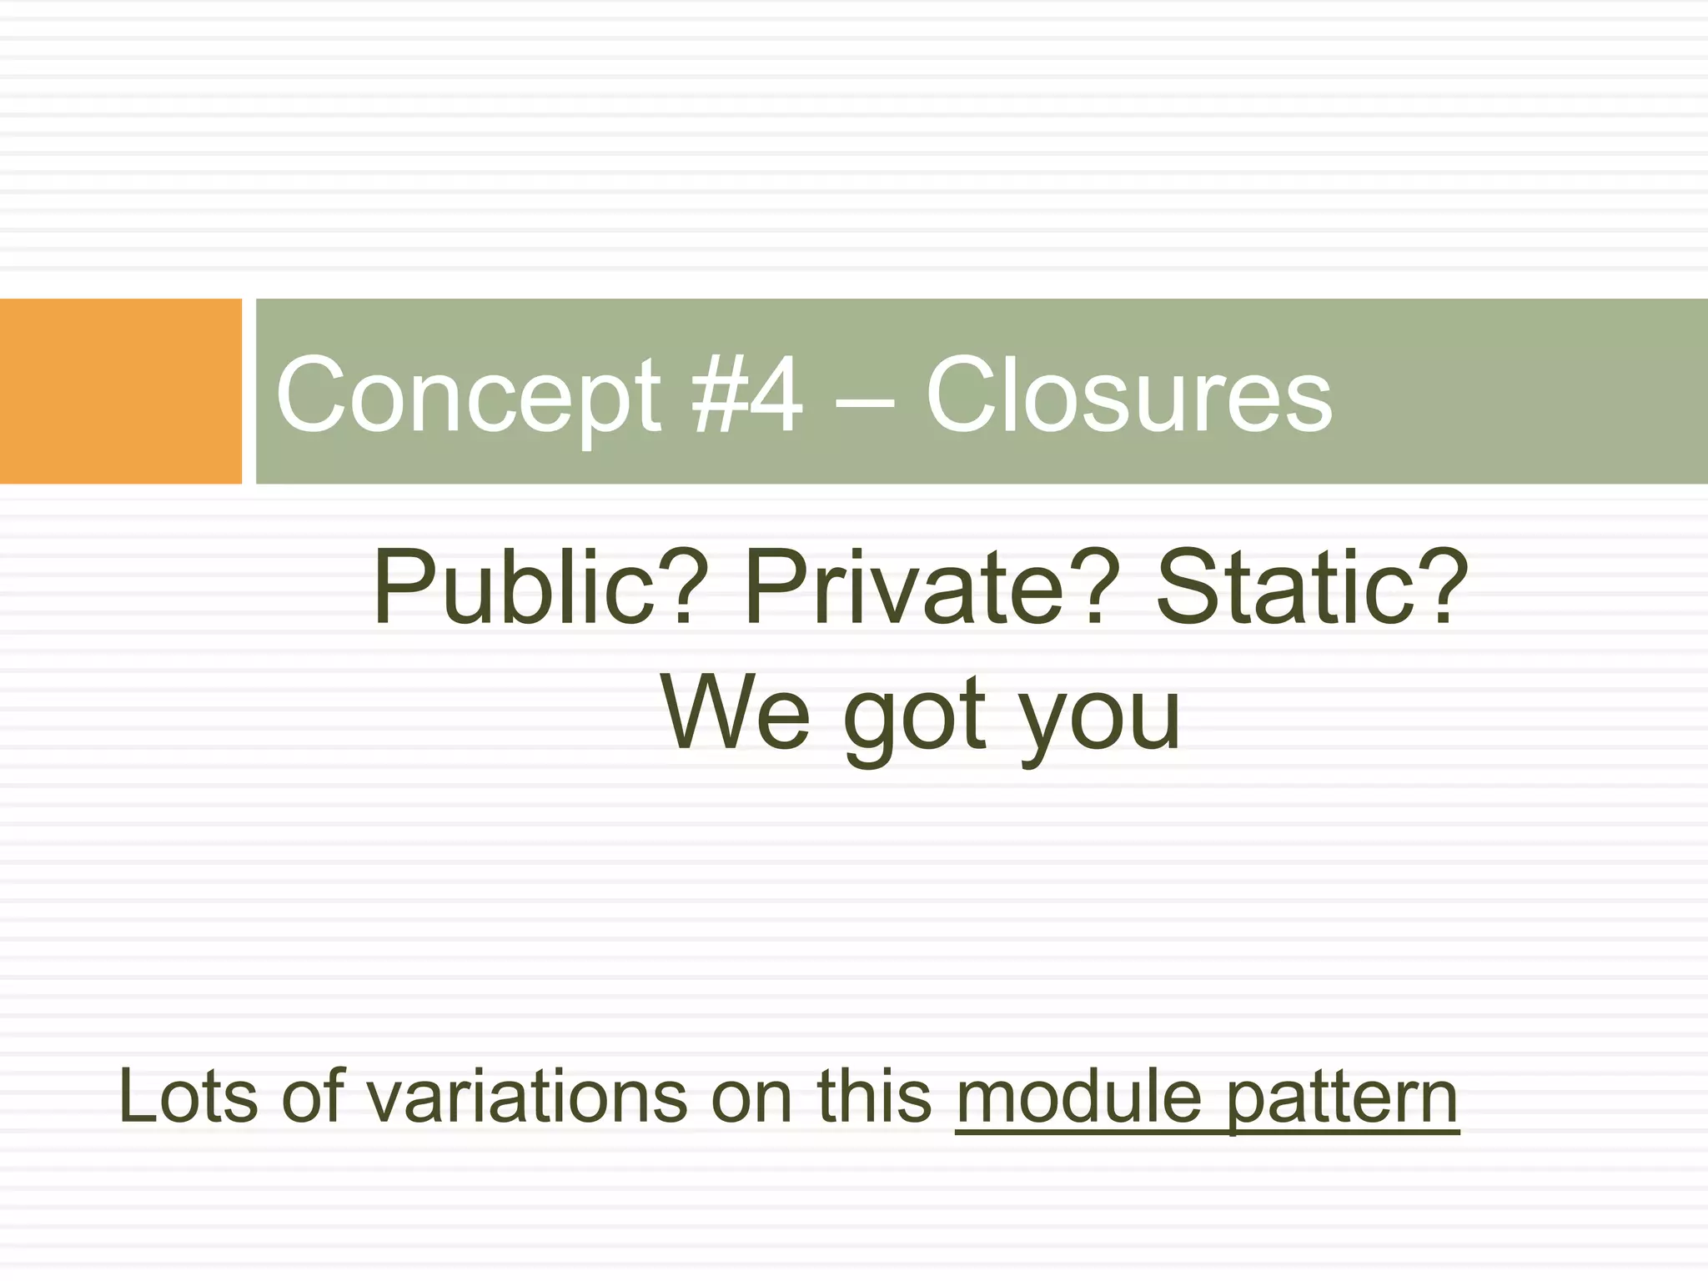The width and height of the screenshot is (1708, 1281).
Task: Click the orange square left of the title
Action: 120,391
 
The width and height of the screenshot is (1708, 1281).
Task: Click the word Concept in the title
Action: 468,394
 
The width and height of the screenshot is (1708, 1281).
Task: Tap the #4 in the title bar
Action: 747,394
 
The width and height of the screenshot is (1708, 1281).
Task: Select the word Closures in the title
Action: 1129,394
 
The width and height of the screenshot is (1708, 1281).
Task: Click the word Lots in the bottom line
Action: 188,1096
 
